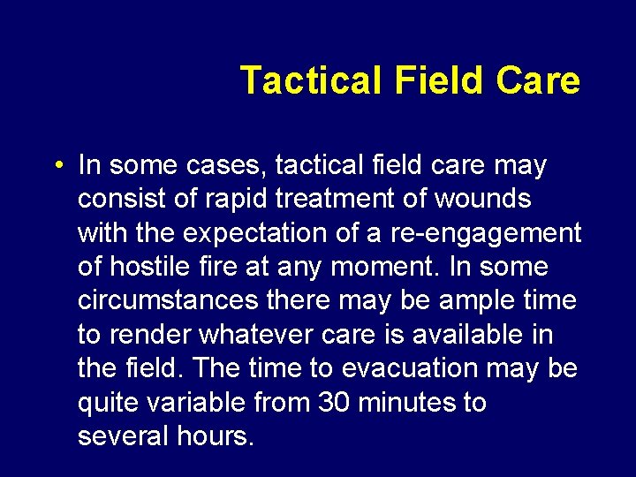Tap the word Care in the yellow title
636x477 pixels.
[x=538, y=80]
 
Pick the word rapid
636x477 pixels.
[x=236, y=200]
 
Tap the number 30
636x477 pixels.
[x=328, y=402]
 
